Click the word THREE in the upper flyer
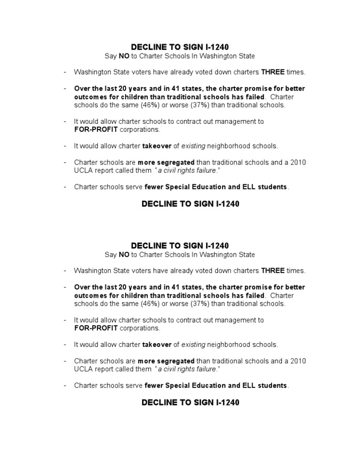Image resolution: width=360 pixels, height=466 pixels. tap(273, 72)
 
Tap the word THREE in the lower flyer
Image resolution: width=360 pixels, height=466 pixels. tap(273, 271)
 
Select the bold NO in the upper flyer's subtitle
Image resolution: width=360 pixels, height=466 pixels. tap(123, 56)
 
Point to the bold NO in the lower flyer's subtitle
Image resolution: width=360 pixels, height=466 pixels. tap(123, 255)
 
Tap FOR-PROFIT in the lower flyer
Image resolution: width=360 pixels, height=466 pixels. tap(96, 328)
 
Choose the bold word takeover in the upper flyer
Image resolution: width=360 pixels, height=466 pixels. tap(157, 146)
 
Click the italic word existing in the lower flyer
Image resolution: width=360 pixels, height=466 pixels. tap(193, 345)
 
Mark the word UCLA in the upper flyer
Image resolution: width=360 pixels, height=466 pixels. tap(83, 171)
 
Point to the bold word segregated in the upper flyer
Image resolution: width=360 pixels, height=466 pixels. tap(176, 163)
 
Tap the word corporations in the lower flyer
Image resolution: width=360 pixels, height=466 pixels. tap(140, 328)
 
